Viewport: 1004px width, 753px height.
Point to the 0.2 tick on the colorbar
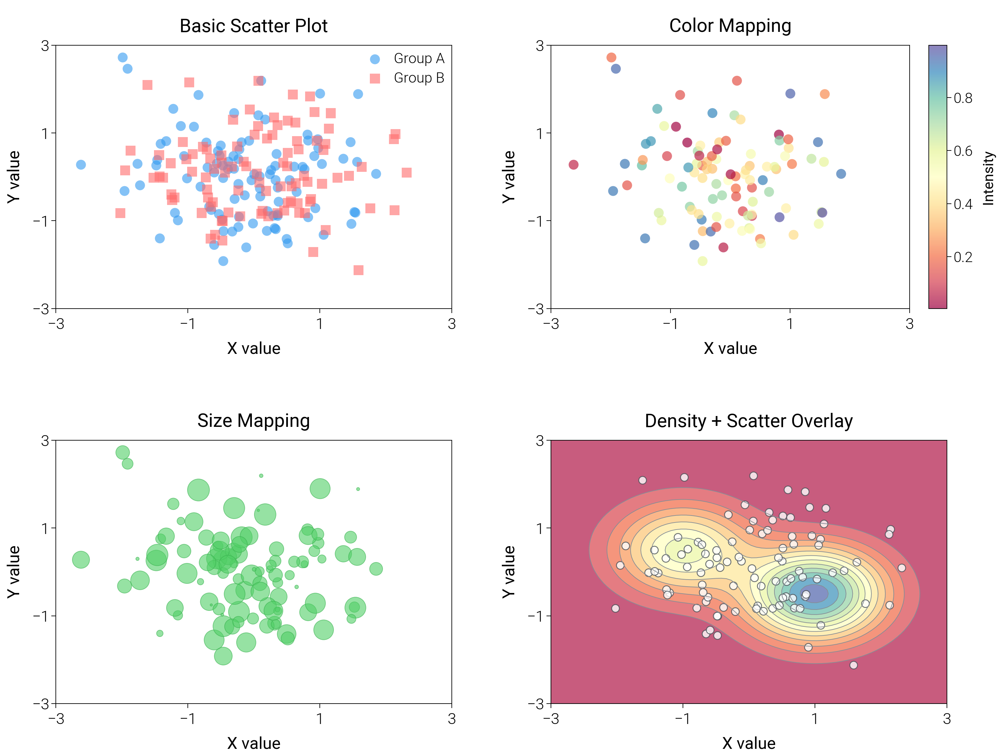pyautogui.click(x=963, y=257)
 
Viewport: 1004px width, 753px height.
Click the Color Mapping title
pyautogui.click(x=730, y=26)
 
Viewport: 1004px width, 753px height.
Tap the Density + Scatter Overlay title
pyautogui.click(x=749, y=421)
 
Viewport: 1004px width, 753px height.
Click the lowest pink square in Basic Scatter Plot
pyautogui.click(x=358, y=270)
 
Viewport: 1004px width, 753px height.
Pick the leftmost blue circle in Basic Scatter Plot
pyautogui.click(x=81, y=164)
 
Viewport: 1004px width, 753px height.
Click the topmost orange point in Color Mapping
pyautogui.click(x=611, y=57)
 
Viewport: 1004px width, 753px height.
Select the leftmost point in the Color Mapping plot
pyautogui.click(x=573, y=164)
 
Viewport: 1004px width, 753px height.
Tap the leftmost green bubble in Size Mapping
pyautogui.click(x=81, y=559)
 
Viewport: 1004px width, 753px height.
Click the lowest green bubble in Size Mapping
pyautogui.click(x=223, y=655)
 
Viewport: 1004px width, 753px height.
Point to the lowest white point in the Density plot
pyautogui.click(x=853, y=665)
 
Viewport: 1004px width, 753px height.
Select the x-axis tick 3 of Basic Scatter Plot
pyautogui.click(x=451, y=324)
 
